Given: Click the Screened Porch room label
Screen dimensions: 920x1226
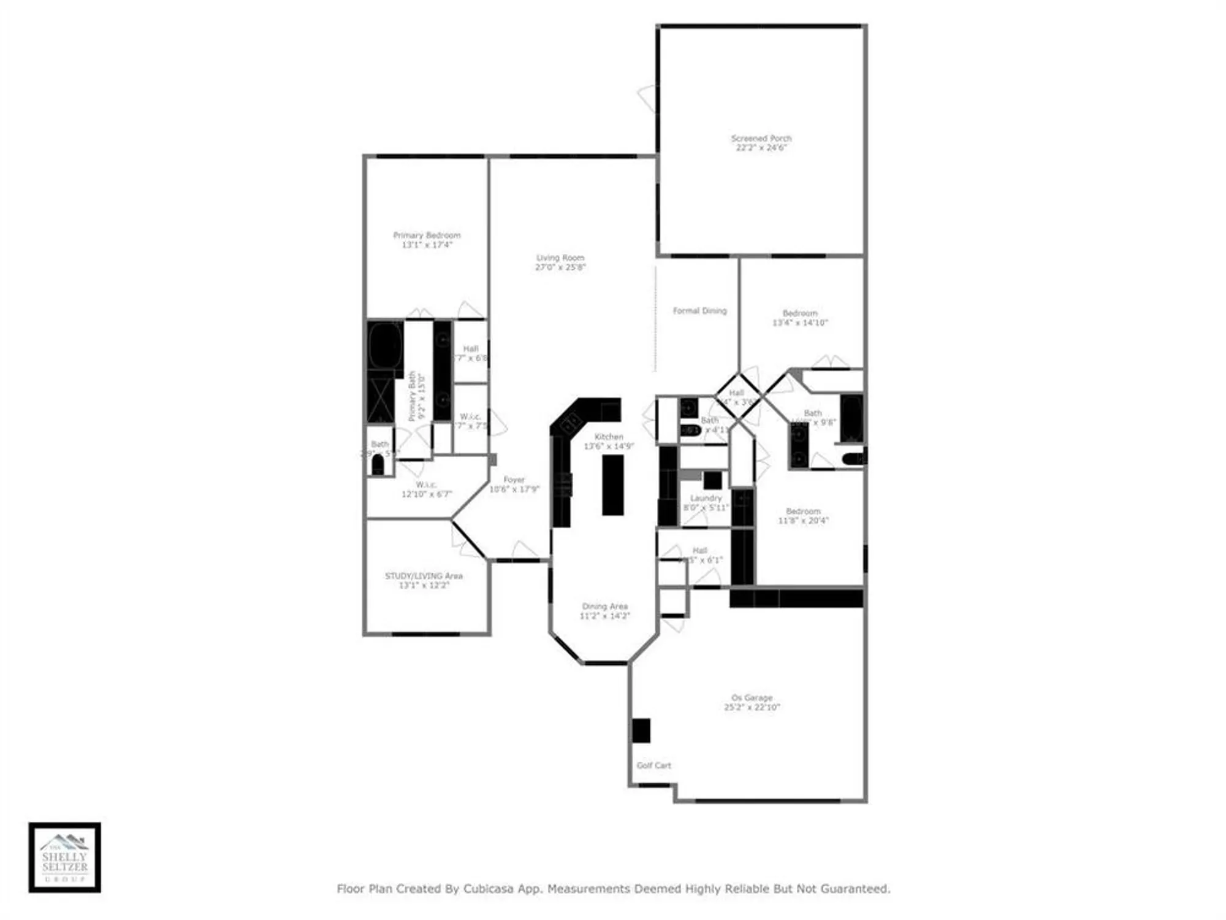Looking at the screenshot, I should coord(761,139).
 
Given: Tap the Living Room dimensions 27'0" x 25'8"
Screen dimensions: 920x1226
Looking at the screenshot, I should coord(560,267).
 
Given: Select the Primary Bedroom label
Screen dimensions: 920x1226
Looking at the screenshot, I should coord(427,235).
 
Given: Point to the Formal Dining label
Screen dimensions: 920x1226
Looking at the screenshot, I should coord(699,311).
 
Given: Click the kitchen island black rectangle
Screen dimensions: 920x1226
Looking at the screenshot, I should coord(612,485).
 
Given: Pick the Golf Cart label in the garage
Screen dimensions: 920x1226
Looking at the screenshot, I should coord(653,765).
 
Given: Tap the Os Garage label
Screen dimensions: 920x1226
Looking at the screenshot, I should coord(752,698).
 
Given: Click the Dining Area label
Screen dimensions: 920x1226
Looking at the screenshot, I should coord(604,606).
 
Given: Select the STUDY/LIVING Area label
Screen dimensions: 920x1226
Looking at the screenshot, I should coord(424,576).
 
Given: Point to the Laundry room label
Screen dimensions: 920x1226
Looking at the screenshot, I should coord(706,498).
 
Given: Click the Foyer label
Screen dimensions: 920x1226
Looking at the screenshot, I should coord(514,480).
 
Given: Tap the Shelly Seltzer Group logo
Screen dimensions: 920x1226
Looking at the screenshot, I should coord(64,857).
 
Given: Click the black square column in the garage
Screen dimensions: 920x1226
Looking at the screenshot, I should coord(641,730).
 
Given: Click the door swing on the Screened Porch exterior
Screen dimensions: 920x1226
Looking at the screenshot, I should coord(647,99).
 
